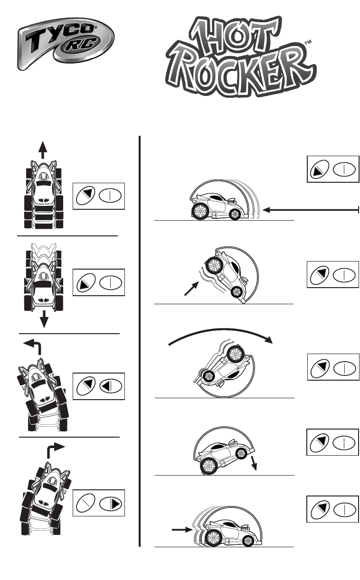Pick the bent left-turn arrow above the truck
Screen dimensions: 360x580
tap(34, 345)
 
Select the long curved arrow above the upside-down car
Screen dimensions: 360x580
tap(221, 332)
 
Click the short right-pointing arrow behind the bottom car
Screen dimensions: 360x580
tap(181, 531)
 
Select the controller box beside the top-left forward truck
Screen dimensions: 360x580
tap(98, 196)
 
